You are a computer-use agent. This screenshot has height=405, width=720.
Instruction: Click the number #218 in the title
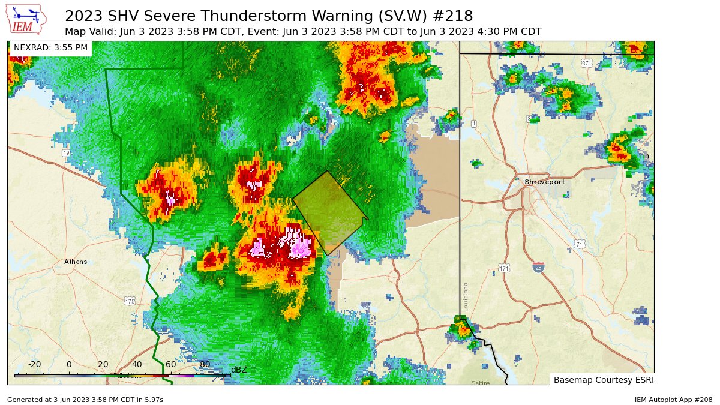pyautogui.click(x=453, y=16)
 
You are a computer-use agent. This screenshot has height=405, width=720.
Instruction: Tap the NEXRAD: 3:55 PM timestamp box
pyautogui.click(x=50, y=47)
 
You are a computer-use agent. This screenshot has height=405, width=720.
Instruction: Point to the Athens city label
pyautogui.click(x=76, y=262)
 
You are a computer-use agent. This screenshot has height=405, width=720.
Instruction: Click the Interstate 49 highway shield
pyautogui.click(x=538, y=268)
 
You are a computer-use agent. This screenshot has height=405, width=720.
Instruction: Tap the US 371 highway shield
pyautogui.click(x=586, y=63)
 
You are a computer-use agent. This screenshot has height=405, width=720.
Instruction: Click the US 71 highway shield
pyautogui.click(x=579, y=244)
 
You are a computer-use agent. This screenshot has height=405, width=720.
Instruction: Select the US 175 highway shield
pyautogui.click(x=130, y=301)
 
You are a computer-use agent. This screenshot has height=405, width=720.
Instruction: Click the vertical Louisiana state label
pyautogui.click(x=466, y=295)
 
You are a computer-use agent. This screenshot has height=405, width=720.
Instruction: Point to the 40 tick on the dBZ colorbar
pyautogui.click(x=137, y=364)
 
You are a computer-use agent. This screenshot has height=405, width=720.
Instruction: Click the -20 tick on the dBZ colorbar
pyautogui.click(x=34, y=364)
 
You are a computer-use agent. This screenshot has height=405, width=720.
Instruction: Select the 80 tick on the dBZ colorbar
pyautogui.click(x=205, y=364)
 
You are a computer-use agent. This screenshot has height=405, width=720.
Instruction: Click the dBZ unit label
pyautogui.click(x=239, y=370)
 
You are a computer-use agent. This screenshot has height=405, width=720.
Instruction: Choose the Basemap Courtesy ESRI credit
pyautogui.click(x=603, y=380)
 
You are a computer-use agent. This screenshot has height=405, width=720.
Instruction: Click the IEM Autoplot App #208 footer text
pyautogui.click(x=673, y=399)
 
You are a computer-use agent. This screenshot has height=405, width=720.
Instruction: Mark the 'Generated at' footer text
pyautogui.click(x=85, y=399)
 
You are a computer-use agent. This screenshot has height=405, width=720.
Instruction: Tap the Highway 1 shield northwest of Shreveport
pyautogui.click(x=473, y=124)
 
